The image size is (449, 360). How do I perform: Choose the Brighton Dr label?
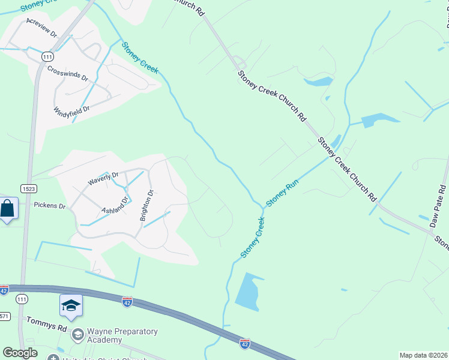coord(147,205)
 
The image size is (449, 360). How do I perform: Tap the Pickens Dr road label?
coord(49,205)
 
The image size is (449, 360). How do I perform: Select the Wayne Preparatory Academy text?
coord(122,335)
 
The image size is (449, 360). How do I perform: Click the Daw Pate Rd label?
coord(439,205)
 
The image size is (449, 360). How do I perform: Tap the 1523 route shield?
coord(28,188)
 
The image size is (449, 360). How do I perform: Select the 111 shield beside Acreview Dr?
coord(48,56)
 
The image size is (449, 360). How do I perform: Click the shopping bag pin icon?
coord(7,209)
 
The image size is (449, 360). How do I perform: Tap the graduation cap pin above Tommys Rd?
coord(71,306)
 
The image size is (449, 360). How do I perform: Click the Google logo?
coord(20,353)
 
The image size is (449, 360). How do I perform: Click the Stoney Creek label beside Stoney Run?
coord(252,238)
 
